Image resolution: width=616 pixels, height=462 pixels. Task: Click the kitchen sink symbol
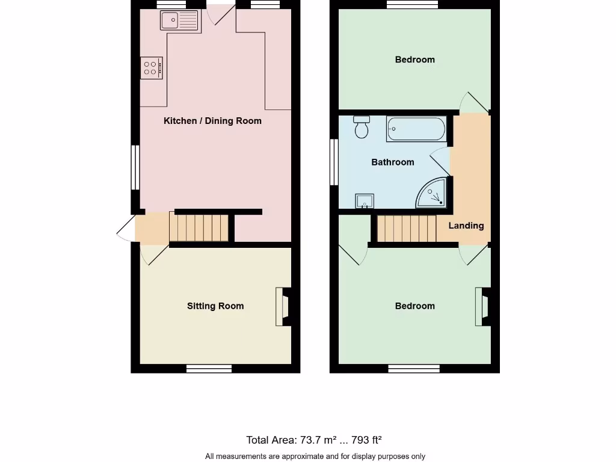179,20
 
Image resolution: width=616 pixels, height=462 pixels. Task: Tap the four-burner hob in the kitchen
152,67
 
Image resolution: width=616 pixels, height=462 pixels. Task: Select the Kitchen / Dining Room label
212,121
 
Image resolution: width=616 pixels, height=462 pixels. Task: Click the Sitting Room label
215,306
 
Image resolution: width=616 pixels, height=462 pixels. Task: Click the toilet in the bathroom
362,127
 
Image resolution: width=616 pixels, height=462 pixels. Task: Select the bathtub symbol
416,129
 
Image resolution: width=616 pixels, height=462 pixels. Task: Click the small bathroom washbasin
365,200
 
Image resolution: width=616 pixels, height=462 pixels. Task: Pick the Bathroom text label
392,162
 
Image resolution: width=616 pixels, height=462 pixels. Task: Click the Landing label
466,226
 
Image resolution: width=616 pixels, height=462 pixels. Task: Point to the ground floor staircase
201,227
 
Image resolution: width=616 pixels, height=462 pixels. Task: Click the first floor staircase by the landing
406,229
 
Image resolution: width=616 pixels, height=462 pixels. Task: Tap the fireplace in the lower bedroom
482,307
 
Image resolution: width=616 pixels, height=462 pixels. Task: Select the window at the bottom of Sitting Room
209,369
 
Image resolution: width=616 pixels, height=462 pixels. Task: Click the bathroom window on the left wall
333,162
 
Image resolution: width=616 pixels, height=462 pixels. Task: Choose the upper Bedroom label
414,60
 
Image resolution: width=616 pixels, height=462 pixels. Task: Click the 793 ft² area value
362,440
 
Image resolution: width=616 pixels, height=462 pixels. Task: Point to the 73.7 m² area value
316,440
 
